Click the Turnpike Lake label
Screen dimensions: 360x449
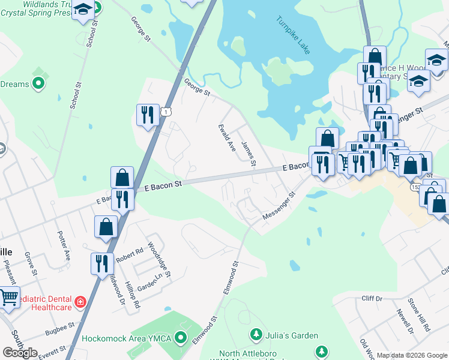pyautogui.click(x=294, y=35)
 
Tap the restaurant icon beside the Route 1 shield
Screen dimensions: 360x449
pyautogui.click(x=148, y=114)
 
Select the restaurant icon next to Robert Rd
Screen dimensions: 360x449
pyautogui.click(x=101, y=263)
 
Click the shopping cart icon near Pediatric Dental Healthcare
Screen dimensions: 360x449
pyautogui.click(x=8, y=296)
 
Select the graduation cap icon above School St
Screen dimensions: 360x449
pyautogui.click(x=83, y=10)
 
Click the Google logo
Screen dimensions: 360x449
pyautogui.click(x=20, y=353)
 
